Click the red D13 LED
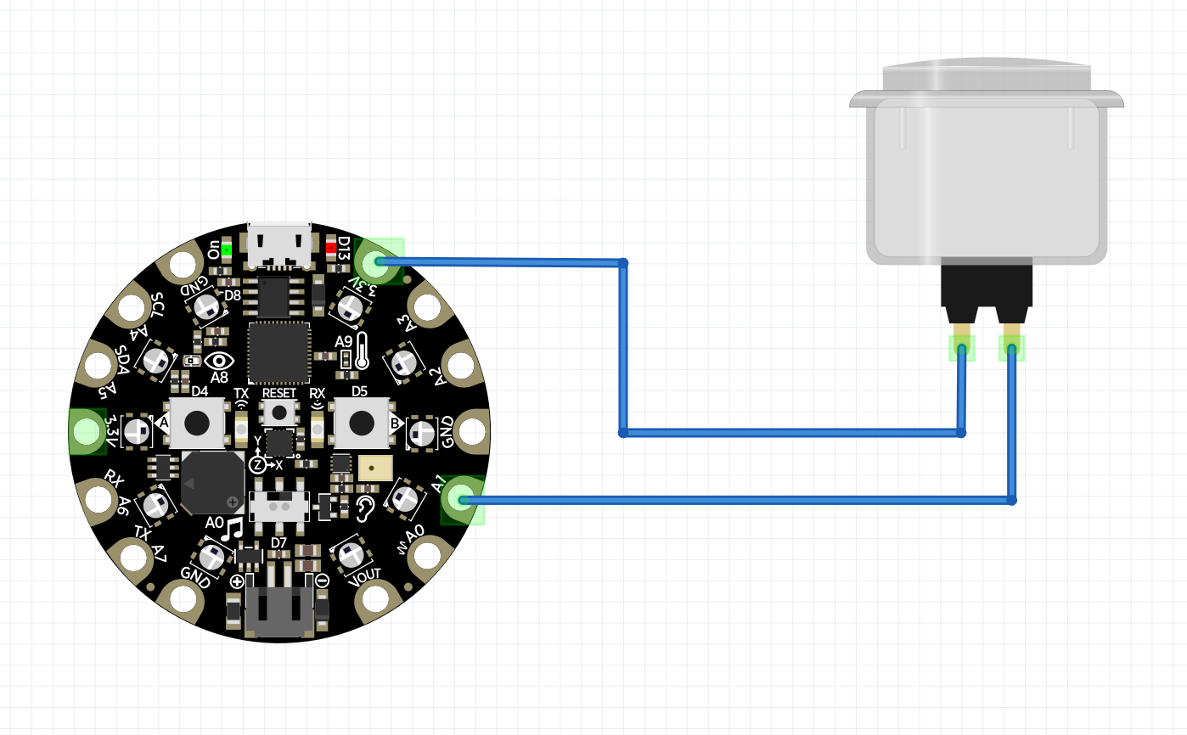pos(331,249)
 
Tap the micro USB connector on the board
pos(278,244)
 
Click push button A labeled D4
pos(198,421)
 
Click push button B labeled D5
pos(363,421)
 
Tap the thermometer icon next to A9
pos(363,350)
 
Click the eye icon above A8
pos(219,360)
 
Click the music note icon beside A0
pos(232,530)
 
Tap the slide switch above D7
pos(279,507)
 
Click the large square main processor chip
pos(278,352)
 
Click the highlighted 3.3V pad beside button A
pos(86,431)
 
